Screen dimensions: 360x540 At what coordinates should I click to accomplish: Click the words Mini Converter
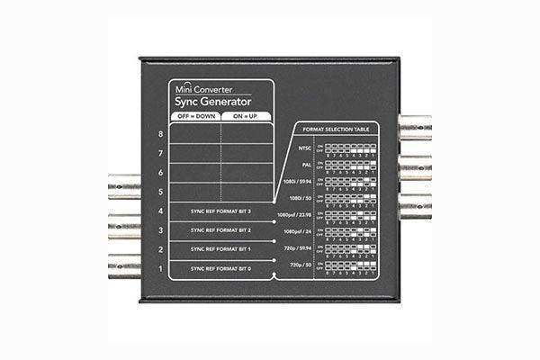pyautogui.click(x=201, y=90)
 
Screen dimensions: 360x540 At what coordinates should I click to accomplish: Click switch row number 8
pyautogui.click(x=160, y=134)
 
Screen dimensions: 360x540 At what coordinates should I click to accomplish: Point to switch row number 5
pyautogui.click(x=160, y=192)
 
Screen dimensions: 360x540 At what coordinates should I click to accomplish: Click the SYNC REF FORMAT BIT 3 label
pyautogui.click(x=220, y=212)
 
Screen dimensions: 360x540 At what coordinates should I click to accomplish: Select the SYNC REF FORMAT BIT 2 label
pyautogui.click(x=220, y=231)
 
